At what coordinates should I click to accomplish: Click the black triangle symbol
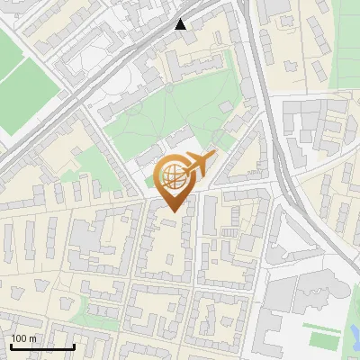click(181, 24)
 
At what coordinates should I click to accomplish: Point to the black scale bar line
click(42, 347)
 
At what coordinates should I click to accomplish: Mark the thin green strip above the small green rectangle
click(321, 326)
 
